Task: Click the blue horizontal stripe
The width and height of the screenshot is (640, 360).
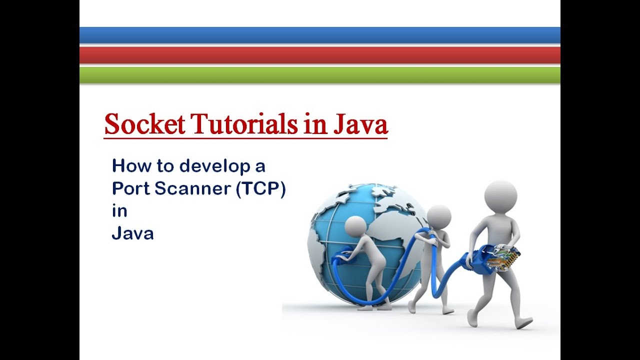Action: pos(320,35)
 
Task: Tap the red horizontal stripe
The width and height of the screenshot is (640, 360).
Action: pos(320,55)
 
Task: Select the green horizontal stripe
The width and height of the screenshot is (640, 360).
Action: pos(320,74)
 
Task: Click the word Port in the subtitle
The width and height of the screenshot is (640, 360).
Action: pos(130,188)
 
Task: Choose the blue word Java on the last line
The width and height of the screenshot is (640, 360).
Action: pos(132,233)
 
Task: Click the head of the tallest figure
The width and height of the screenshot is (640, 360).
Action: pos(500,195)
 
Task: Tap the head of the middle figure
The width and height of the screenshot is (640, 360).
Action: pos(439,216)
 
